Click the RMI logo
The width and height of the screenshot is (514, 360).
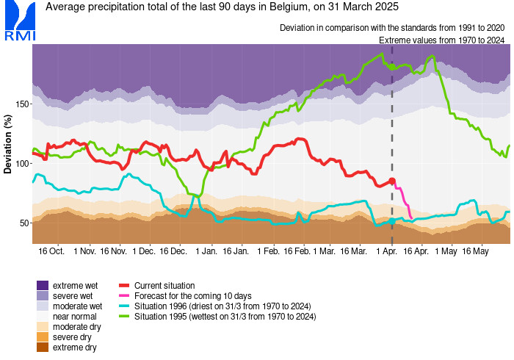[x=20, y=21]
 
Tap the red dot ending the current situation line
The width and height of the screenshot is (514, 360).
[x=392, y=181]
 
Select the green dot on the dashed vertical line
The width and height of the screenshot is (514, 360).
[x=392, y=67]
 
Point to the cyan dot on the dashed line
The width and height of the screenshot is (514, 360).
[x=392, y=221]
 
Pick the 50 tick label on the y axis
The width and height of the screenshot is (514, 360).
[x=24, y=223]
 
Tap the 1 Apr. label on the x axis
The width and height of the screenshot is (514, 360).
[x=387, y=251]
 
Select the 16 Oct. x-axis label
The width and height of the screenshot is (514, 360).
[x=51, y=251]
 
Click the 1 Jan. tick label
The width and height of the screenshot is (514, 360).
[x=206, y=251]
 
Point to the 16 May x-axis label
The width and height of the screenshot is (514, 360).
[x=475, y=251]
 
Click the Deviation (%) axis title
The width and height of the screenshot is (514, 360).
[x=7, y=144]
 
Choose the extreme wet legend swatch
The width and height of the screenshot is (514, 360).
[x=43, y=285]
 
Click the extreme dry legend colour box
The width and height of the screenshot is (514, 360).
[x=43, y=348]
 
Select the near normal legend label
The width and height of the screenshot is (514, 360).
[x=75, y=317]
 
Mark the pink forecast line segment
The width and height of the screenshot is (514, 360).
[x=403, y=198]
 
